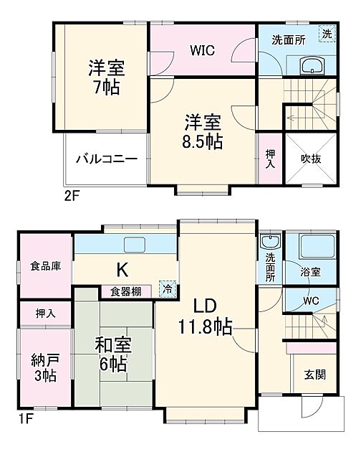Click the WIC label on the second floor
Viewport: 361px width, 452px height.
click(203, 51)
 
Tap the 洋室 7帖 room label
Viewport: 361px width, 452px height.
click(107, 78)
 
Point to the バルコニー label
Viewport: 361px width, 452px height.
click(106, 158)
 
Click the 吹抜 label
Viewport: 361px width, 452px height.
click(310, 159)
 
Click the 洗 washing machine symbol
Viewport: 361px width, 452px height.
click(326, 34)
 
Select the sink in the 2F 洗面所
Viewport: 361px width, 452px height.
click(313, 67)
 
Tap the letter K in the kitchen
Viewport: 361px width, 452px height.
click(122, 270)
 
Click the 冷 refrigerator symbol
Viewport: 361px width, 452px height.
click(167, 290)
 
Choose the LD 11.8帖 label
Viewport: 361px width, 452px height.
click(205, 318)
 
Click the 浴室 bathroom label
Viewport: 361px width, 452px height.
click(311, 272)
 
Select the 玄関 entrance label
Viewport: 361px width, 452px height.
click(312, 375)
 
